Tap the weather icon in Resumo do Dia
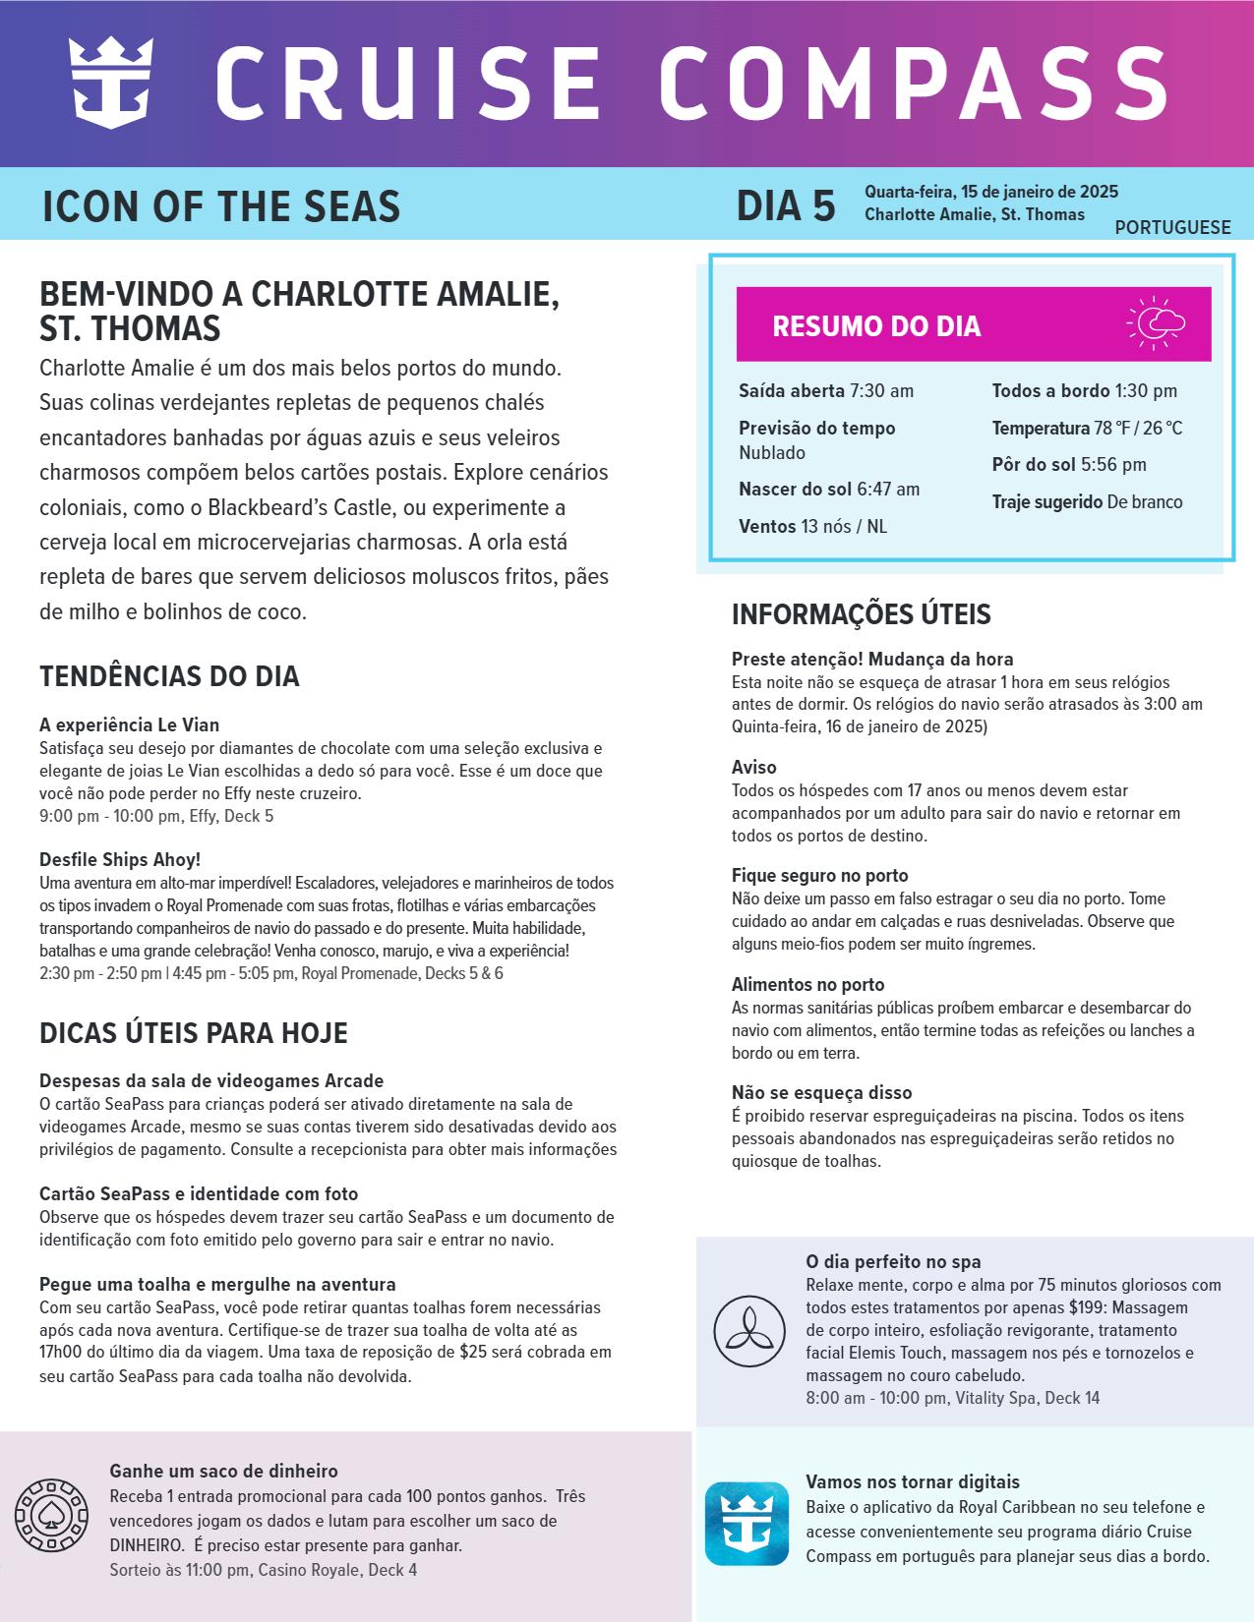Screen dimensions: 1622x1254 pyautogui.click(x=1157, y=322)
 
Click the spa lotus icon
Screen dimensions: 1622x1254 pyautogui.click(x=749, y=1331)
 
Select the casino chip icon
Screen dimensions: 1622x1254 pyautogui.click(x=47, y=1514)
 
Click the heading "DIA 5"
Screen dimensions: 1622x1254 pyautogui.click(x=786, y=206)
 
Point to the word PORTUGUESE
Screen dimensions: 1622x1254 pyautogui.click(x=1172, y=228)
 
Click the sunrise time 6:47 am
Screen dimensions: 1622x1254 pyautogui.click(x=888, y=490)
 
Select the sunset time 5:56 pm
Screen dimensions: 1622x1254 pyautogui.click(x=1113, y=465)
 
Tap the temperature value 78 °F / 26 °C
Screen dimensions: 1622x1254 pyautogui.click(x=1138, y=429)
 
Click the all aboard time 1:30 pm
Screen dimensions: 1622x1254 pyautogui.click(x=1146, y=391)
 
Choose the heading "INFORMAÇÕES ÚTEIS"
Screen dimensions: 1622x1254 pyautogui.click(x=861, y=615)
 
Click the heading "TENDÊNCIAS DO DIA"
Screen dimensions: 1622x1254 pyautogui.click(x=169, y=677)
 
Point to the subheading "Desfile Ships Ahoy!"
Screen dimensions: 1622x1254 pyautogui.click(x=120, y=860)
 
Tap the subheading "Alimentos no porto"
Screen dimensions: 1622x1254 pyautogui.click(x=807, y=985)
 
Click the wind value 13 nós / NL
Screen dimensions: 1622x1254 pyautogui.click(x=844, y=527)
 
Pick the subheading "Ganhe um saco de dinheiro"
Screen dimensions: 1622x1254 pyautogui.click(x=223, y=1472)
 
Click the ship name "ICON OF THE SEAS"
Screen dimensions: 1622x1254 pyautogui.click(x=221, y=206)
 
